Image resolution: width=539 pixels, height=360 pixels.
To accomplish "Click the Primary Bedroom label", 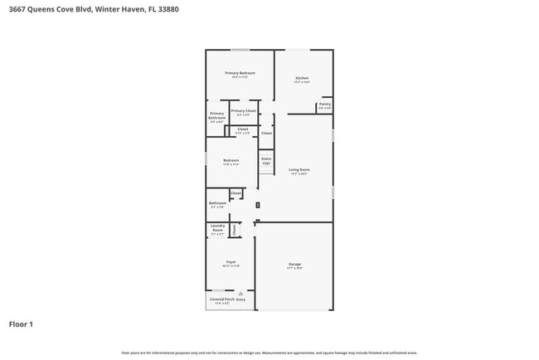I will tap(240, 73).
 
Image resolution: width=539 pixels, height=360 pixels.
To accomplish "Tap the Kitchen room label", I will tap(302, 78).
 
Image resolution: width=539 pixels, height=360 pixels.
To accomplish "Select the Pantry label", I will tap(325, 105).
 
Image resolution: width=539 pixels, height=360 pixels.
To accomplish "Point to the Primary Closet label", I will tap(243, 111).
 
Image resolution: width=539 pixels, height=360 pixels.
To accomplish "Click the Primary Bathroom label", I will tap(216, 116).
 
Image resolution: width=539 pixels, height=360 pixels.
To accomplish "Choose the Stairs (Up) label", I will tap(266, 160).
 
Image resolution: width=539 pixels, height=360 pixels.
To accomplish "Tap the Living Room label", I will tap(299, 170).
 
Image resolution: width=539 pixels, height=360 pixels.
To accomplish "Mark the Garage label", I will tap(295, 265).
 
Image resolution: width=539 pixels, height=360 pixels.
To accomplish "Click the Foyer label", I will tap(231, 263).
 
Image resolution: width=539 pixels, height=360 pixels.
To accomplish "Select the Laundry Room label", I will tap(217, 227).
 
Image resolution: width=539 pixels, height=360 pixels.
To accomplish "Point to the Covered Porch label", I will tap(221, 299).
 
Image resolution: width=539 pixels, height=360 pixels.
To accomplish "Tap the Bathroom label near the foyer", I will tap(217, 203).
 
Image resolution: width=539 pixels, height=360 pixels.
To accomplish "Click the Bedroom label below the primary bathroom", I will tap(231, 160).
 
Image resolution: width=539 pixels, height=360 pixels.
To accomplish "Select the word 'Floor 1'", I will tap(21, 324).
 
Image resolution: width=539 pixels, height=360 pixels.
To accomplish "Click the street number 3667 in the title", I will tap(17, 10).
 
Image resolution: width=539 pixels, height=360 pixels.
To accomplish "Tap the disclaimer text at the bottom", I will tap(269, 353).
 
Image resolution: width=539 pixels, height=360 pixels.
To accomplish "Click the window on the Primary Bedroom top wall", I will tap(240, 50).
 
